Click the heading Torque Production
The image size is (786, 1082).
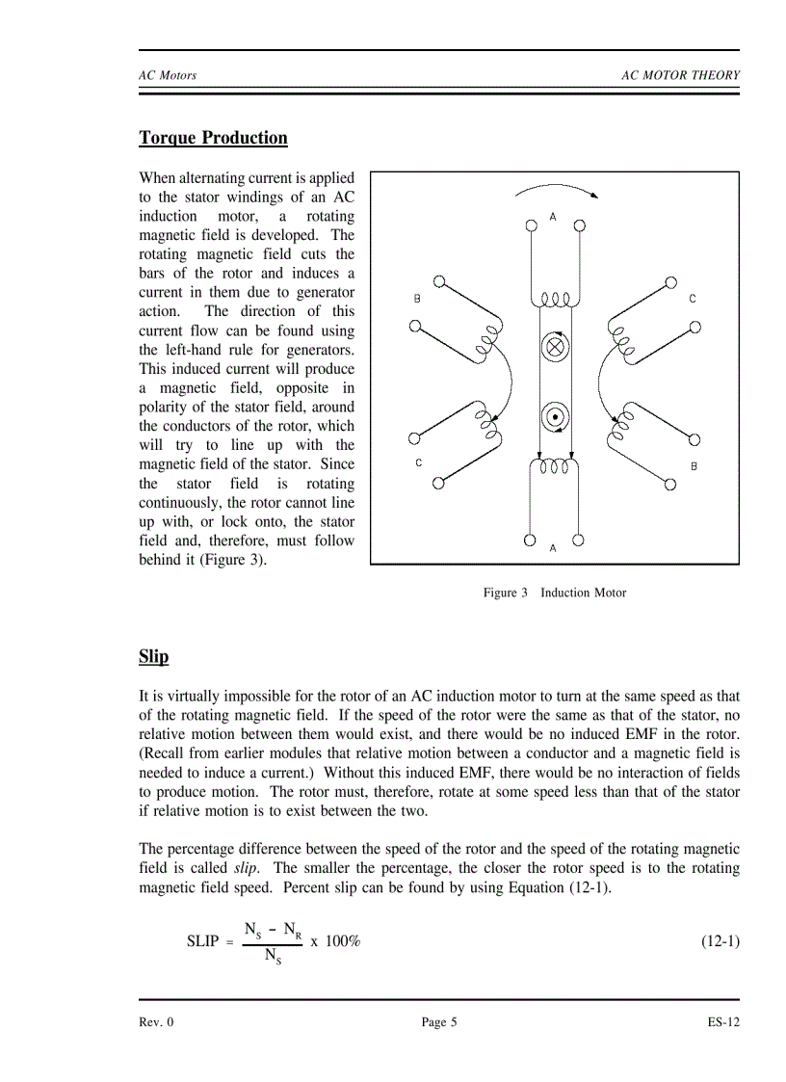pos(213,138)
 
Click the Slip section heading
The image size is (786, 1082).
pos(153,657)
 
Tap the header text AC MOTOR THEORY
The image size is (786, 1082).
pos(680,76)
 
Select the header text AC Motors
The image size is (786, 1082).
pos(168,76)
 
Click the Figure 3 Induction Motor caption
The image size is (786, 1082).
pos(554,593)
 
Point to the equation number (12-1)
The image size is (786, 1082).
pos(719,940)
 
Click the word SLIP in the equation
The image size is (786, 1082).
pos(202,941)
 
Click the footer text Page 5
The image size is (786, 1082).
pos(439,1022)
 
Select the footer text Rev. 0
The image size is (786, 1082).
pos(156,1022)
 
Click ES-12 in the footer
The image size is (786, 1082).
pos(722,1022)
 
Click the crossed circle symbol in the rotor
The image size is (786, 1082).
pos(554,347)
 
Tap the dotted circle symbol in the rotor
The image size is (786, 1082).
pos(554,417)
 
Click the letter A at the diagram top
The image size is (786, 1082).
pos(553,217)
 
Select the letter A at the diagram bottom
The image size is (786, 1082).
pos(553,547)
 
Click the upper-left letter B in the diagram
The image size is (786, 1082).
pos(417,299)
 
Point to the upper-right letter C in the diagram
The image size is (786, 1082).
pos(692,299)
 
